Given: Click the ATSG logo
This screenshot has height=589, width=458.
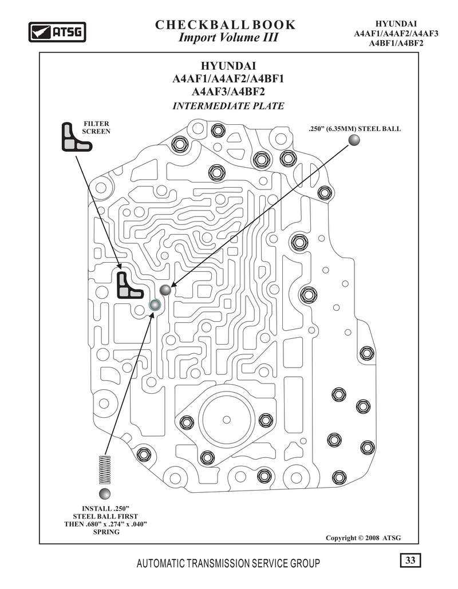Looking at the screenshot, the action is tap(57, 32).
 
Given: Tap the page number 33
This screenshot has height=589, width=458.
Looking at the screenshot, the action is tap(410, 560).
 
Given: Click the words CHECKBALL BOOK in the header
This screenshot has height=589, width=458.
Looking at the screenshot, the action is tap(226, 25).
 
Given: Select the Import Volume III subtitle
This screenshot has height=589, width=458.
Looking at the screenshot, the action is tap(228, 38).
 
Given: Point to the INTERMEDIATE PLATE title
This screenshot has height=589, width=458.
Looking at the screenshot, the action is tap(228, 106).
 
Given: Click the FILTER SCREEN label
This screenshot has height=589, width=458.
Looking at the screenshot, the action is tap(96, 127).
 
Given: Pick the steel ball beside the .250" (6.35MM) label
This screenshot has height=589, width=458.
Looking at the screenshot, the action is tap(354, 140).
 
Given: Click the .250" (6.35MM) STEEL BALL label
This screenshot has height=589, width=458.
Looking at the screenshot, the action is tap(355, 128).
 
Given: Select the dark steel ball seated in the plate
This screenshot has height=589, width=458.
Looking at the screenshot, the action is tap(165, 290).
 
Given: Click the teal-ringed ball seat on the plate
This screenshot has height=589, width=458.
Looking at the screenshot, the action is tap(155, 305).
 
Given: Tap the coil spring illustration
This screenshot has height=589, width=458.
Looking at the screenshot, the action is tap(105, 469).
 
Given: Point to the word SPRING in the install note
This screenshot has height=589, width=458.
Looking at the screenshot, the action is tap(106, 532).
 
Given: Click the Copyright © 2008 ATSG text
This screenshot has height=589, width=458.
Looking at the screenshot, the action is tap(364, 538).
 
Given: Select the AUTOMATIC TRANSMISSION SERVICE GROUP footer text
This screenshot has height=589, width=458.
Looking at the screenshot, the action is tap(228, 563).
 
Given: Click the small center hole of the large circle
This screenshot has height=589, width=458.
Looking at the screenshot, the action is tap(227, 420).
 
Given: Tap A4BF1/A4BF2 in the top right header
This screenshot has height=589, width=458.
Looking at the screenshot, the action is tap(396, 43).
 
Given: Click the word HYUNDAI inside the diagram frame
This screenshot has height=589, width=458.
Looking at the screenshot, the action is tap(228, 66).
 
